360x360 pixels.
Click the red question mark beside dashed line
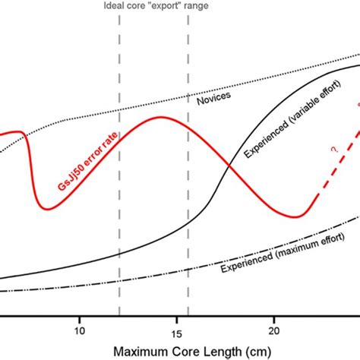tap(333, 151)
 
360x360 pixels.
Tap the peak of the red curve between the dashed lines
tap(160, 117)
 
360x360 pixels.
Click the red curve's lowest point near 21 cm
tap(298, 216)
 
